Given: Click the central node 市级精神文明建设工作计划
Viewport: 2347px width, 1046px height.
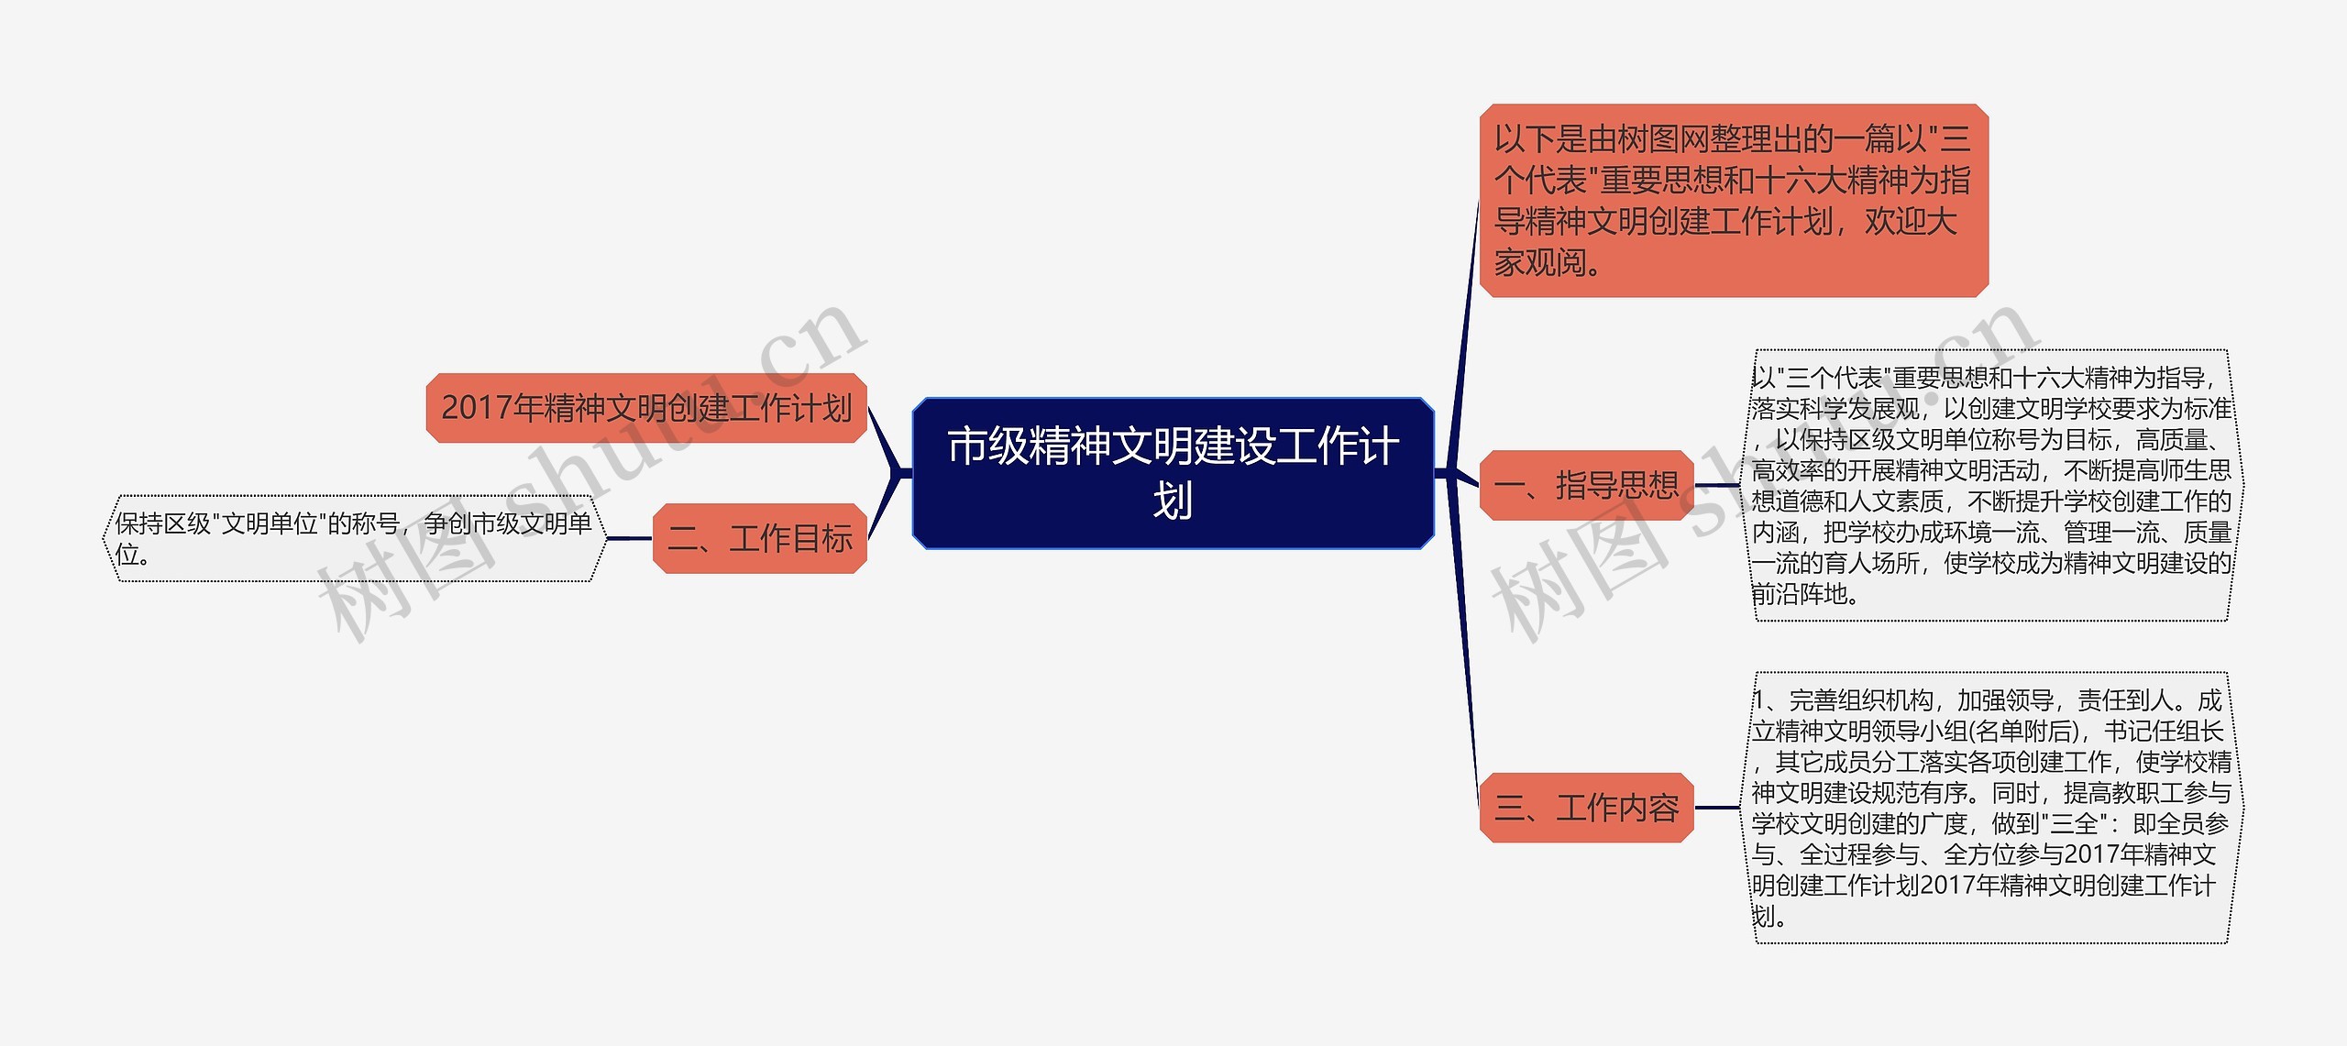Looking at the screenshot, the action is [1173, 473].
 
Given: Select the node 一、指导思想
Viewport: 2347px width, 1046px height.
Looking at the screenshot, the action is [1586, 485].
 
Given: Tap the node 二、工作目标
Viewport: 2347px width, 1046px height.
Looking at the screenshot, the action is [759, 538].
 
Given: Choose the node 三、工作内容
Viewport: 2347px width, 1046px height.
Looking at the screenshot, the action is [1586, 808].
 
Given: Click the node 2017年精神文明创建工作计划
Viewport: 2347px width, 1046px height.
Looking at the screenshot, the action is [646, 408].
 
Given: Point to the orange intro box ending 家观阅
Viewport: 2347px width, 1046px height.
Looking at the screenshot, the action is [1733, 201].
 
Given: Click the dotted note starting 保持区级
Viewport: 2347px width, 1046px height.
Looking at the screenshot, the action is [354, 538].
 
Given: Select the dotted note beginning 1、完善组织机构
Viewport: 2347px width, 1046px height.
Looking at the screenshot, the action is [1990, 808].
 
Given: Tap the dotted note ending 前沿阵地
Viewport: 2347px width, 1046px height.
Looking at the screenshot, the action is [1990, 485].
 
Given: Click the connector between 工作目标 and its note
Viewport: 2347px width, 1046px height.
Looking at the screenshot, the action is [629, 538].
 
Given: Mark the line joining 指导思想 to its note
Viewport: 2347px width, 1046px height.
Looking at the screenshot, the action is [1717, 485].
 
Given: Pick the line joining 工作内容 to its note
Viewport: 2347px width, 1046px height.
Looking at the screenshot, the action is [1717, 808].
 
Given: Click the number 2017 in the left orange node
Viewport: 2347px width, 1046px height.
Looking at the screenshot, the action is [477, 408].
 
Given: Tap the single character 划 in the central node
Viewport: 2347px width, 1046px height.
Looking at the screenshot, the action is [1173, 501].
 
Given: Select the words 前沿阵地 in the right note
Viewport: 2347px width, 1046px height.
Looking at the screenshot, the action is [1799, 594].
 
